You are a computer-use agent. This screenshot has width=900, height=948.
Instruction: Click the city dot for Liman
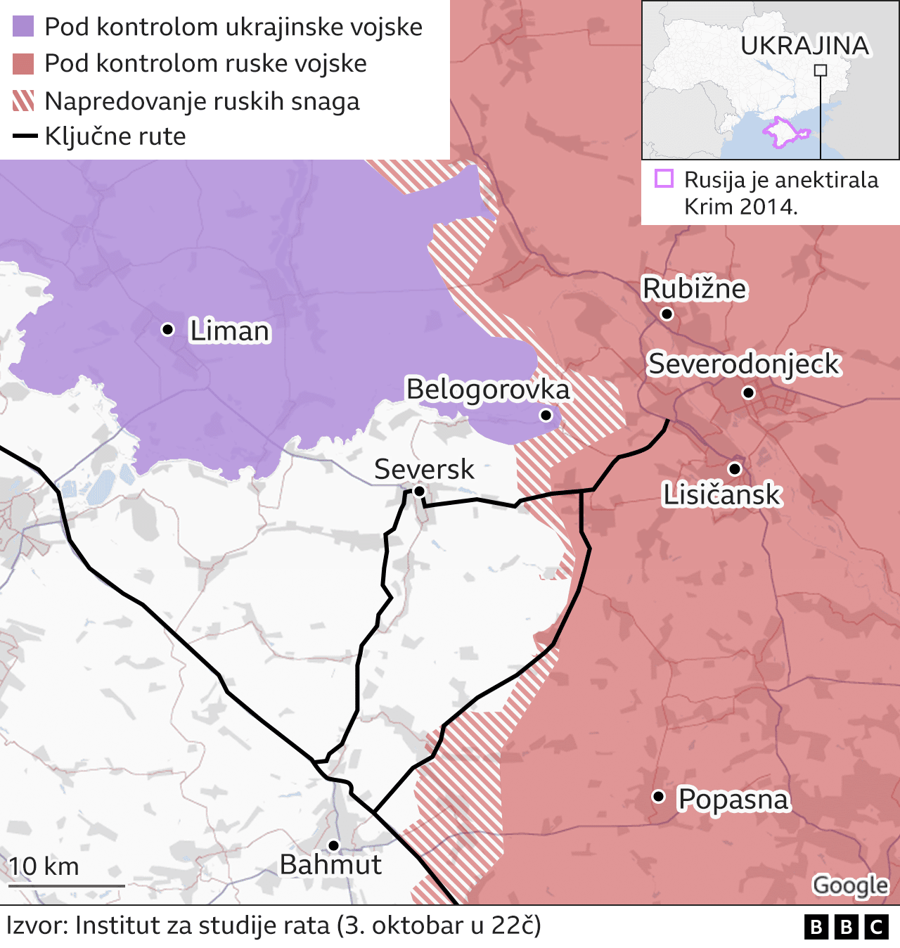167,329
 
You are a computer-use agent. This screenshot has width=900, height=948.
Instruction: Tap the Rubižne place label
694,289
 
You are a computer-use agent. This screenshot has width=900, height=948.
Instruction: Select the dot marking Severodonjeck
748,392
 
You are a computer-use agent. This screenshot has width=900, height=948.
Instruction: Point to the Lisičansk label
721,495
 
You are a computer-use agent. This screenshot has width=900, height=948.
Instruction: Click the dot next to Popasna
658,796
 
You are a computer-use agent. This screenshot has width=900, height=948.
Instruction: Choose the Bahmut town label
330,865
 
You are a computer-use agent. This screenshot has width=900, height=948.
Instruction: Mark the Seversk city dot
419,491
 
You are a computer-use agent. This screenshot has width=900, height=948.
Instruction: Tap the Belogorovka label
487,389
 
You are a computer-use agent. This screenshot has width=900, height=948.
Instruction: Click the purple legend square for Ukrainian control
23,27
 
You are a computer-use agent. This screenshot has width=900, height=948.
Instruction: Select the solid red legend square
23,63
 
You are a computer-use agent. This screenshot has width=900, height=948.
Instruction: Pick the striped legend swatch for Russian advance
23,101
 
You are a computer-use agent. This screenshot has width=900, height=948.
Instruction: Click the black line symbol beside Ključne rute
25,136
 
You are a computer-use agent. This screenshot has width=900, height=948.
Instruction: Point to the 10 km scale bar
67,885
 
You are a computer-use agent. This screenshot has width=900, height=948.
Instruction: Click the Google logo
850,885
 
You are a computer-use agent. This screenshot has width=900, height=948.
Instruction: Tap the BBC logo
846,928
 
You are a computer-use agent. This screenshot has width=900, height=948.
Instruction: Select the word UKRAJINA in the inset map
804,46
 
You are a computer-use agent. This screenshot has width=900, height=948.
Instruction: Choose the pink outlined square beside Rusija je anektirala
664,179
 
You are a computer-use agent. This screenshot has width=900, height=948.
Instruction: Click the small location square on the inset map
820,70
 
